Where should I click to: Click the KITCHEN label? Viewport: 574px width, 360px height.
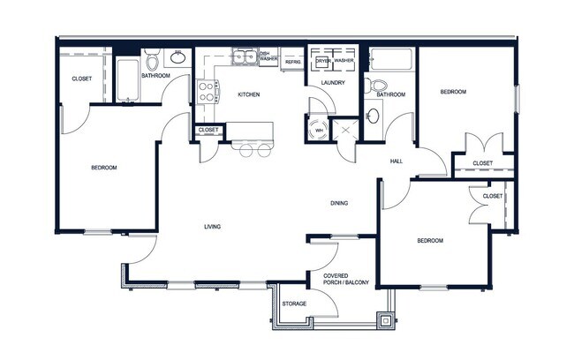tap(247, 94)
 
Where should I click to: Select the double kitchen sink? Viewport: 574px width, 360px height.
tap(244, 58)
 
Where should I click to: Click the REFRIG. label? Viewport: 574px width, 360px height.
tap(292, 63)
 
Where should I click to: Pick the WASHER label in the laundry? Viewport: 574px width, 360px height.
tap(344, 61)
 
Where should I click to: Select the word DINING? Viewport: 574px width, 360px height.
tap(338, 204)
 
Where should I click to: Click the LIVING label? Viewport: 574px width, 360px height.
tap(212, 227)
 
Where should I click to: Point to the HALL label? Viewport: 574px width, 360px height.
tap(397, 161)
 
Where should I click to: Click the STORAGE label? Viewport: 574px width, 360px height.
tap(294, 304)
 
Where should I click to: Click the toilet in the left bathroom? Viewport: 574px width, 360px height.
tap(152, 61)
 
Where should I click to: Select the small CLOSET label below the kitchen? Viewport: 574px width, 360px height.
tap(208, 131)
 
